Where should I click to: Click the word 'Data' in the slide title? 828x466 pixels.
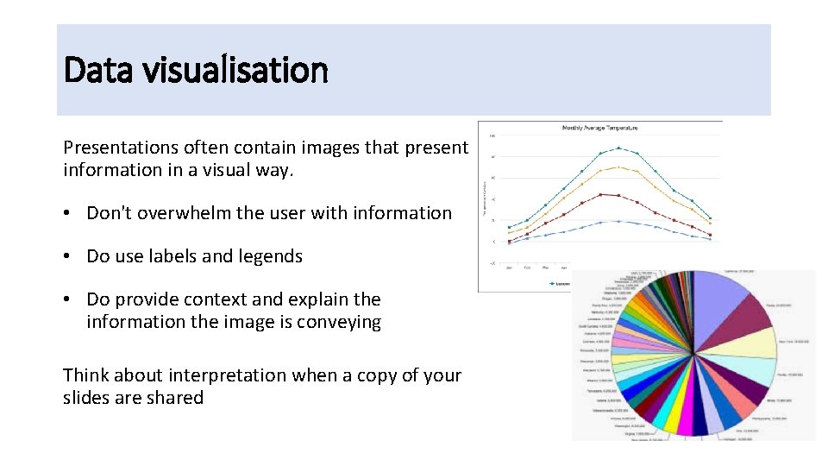pos(92,70)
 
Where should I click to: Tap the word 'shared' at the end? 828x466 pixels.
pos(176,398)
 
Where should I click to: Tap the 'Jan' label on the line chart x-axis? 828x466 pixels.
pos(510,267)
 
